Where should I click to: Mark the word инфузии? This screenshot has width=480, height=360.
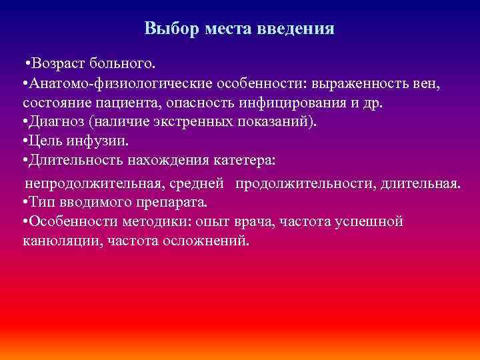click(x=99, y=143)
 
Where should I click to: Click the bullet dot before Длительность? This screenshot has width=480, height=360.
click(x=25, y=162)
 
